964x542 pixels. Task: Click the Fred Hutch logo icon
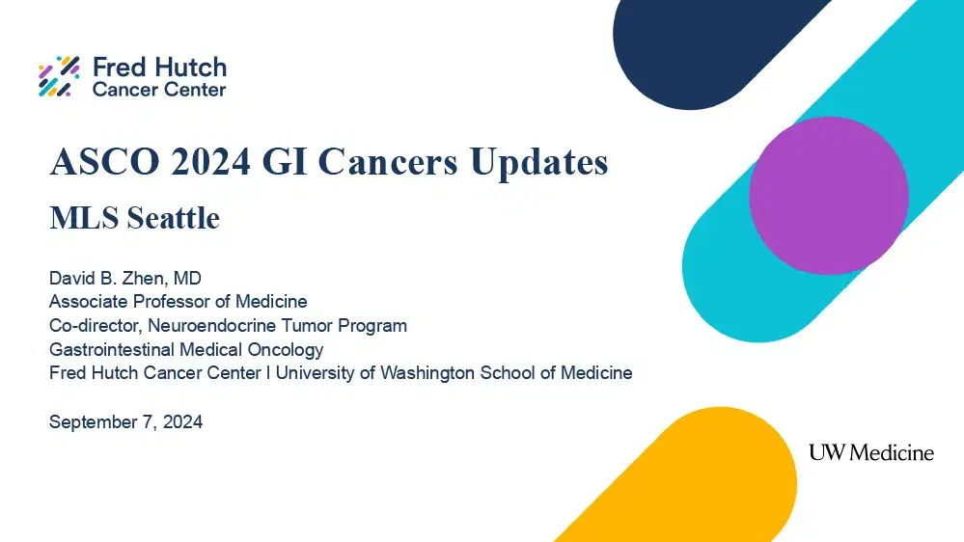pyautogui.click(x=59, y=77)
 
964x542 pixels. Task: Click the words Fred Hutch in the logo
pyautogui.click(x=159, y=68)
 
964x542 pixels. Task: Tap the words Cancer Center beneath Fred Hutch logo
pyautogui.click(x=159, y=90)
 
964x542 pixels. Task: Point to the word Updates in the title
pyautogui.click(x=538, y=162)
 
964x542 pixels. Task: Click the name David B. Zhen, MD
pyautogui.click(x=124, y=279)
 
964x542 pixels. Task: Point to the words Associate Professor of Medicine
pyautogui.click(x=178, y=302)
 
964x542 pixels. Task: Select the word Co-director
pyautogui.click(x=94, y=325)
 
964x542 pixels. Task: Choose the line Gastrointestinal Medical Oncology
pyautogui.click(x=186, y=349)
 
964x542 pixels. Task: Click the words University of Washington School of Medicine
pyautogui.click(x=454, y=372)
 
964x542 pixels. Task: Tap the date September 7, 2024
pyautogui.click(x=125, y=421)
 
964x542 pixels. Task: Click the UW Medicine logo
pyautogui.click(x=870, y=452)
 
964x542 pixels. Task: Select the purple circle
pyautogui.click(x=828, y=196)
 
